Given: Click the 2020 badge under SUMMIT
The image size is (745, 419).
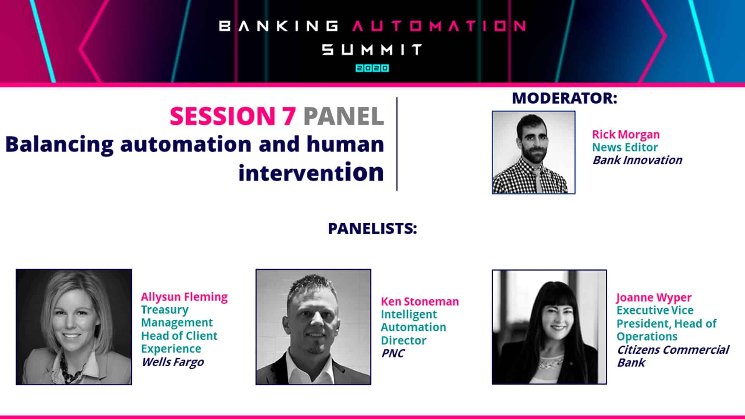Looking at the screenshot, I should [372, 68].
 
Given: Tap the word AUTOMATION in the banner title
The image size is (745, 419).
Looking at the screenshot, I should [439, 26].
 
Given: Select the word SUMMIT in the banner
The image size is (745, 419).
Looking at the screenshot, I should [372, 50].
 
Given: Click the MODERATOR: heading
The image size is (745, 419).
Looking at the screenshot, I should [565, 98].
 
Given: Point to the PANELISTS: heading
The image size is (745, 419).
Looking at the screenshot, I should [372, 229].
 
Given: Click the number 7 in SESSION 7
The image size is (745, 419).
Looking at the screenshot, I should [289, 116].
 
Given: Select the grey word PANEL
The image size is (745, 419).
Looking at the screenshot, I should [344, 116].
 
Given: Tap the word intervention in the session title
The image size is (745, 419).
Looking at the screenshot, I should [311, 173].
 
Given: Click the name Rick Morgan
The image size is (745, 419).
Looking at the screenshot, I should [625, 135].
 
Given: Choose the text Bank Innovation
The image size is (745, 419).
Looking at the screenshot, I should [637, 160].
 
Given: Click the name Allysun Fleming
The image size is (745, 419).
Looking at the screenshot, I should [184, 297].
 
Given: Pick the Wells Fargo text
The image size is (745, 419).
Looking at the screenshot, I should [173, 362].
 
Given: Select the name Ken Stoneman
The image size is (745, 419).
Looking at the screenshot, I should [419, 301].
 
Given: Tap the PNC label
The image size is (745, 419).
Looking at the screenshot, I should [392, 353].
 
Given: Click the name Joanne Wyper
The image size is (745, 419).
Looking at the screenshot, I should [654, 298].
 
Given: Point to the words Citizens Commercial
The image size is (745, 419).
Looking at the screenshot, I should [673, 350].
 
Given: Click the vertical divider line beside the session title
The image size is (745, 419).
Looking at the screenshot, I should [397, 144].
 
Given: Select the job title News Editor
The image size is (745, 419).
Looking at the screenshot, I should [625, 147].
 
